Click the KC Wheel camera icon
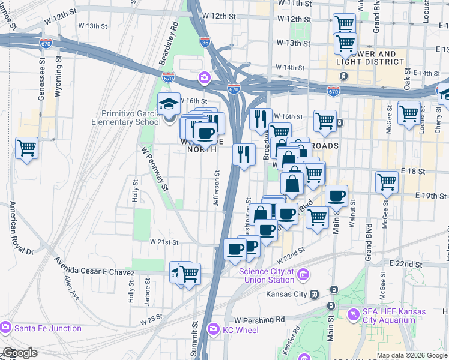click(x=212, y=329)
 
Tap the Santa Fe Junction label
click(x=47, y=328)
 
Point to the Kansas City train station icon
click(x=313, y=294)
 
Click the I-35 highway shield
click(x=206, y=43)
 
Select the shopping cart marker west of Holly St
click(x=27, y=146)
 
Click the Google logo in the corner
click(x=19, y=353)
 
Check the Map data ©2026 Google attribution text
click(x=412, y=355)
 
